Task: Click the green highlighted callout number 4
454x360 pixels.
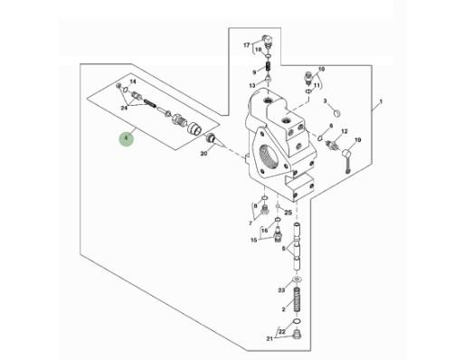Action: (x=127, y=138)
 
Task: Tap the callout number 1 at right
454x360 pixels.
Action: (x=381, y=101)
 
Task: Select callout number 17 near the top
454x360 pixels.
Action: (x=247, y=45)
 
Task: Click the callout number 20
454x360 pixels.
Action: (x=203, y=154)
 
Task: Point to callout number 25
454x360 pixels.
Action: (x=288, y=213)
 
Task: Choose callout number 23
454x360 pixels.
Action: (x=281, y=290)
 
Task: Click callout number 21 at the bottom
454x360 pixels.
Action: (x=270, y=338)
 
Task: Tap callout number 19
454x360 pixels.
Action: (x=357, y=140)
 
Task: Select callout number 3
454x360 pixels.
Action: (x=325, y=101)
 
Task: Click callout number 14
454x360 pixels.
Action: (x=133, y=81)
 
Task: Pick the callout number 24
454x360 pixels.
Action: (x=124, y=108)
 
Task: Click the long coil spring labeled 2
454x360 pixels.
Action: (x=298, y=299)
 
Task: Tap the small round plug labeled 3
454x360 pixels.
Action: (x=337, y=113)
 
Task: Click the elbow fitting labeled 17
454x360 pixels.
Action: (x=267, y=40)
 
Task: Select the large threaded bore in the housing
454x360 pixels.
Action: (x=268, y=156)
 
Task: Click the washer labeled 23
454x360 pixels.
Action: (x=298, y=279)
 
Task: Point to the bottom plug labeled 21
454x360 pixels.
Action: (x=298, y=335)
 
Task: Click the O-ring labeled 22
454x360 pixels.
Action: (x=297, y=321)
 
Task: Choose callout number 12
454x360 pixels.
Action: (x=345, y=131)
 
